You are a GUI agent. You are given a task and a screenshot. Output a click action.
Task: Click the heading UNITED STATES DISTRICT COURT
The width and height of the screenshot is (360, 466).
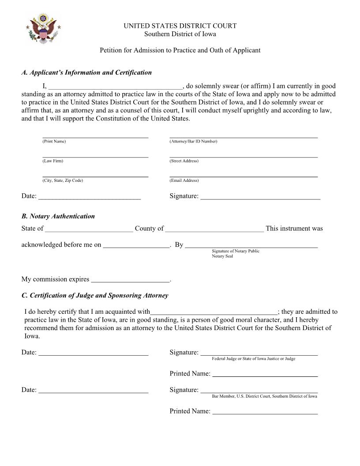click(180, 26)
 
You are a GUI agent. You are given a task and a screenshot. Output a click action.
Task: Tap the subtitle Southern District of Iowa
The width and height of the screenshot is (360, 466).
click(180, 34)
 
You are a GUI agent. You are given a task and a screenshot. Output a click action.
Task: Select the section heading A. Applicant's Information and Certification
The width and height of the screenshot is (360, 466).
click(86, 72)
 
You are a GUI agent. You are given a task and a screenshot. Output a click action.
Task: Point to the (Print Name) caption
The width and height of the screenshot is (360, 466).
click(54, 141)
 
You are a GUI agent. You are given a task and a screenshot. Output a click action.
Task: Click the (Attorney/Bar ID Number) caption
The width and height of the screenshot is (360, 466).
click(193, 141)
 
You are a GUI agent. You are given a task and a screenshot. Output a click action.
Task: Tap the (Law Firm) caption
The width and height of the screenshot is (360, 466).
click(52, 161)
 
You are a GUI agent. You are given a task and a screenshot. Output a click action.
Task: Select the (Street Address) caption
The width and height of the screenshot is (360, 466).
click(184, 161)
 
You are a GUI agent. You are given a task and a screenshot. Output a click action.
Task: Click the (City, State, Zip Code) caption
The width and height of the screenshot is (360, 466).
click(63, 180)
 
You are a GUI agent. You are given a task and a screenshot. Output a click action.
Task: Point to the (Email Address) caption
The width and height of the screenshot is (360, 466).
click(184, 180)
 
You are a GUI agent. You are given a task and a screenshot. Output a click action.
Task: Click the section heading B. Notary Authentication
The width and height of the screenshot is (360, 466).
click(58, 216)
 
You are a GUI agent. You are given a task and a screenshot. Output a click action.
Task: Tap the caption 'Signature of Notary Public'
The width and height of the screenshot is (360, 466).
click(236, 251)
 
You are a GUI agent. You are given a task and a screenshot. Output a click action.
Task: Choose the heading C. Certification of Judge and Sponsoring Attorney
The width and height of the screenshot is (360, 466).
click(94, 295)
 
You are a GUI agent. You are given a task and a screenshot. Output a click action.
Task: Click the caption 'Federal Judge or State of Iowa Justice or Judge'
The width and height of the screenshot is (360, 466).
click(254, 359)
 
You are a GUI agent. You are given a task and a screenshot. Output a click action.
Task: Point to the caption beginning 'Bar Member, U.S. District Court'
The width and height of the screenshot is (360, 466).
click(264, 396)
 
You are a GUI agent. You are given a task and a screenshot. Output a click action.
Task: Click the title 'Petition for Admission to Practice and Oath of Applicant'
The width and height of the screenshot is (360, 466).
click(180, 50)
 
